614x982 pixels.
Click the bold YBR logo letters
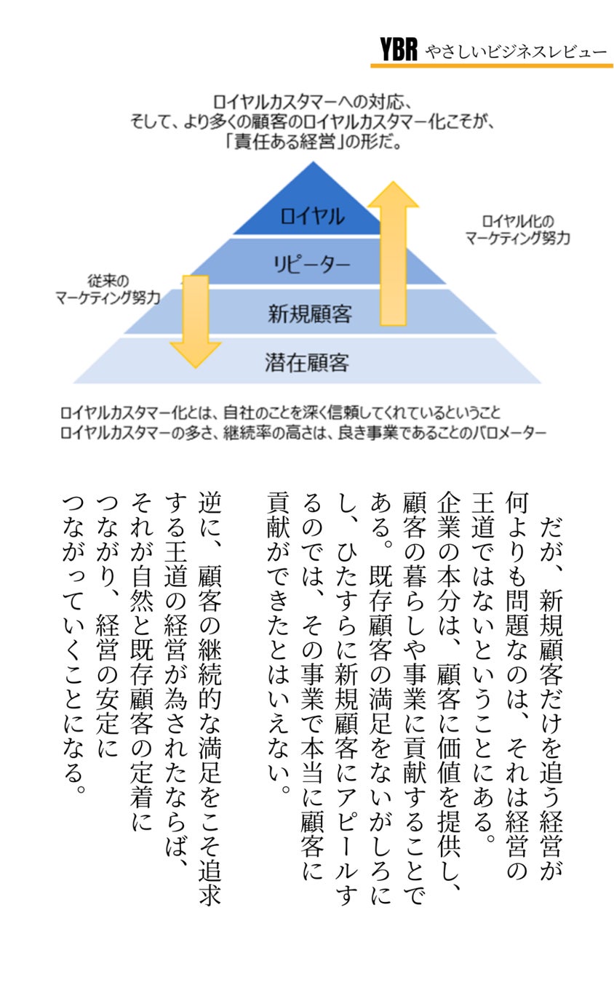(398, 49)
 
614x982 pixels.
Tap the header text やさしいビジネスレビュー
(516, 51)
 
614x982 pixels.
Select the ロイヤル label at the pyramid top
(312, 215)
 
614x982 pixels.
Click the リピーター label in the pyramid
(312, 263)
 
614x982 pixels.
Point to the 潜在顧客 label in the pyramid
(307, 362)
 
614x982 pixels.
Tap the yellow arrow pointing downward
(194, 321)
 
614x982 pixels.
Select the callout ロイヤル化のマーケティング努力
(517, 229)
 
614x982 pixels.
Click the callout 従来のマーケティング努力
(108, 290)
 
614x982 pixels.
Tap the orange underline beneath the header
(491, 65)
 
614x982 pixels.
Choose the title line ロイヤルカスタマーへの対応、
(314, 101)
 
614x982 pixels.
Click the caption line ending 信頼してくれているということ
(281, 413)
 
